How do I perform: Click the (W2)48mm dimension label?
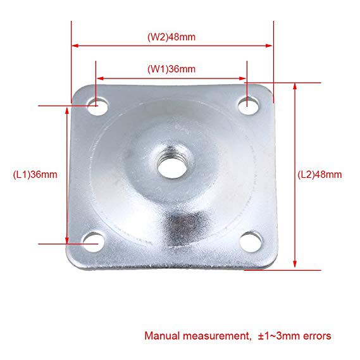coord(171,37)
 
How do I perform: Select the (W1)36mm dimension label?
coord(171,69)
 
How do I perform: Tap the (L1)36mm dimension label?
coord(35,175)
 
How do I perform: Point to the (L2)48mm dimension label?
coord(320,175)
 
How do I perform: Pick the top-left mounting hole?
coord(98,106)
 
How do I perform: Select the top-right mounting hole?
coord(248,106)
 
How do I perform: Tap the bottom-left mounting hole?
coord(94,242)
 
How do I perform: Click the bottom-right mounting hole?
coord(251,242)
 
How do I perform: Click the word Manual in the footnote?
coord(162,336)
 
